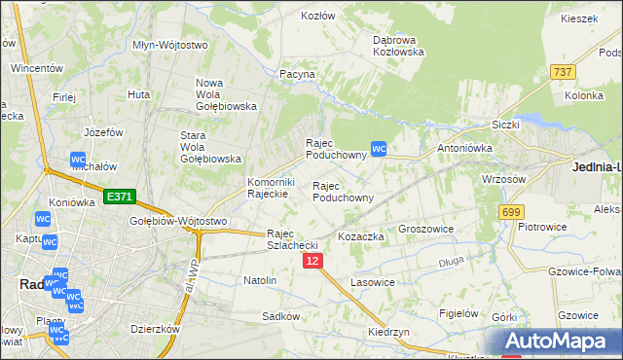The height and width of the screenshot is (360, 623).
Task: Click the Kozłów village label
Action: click(x=318, y=17)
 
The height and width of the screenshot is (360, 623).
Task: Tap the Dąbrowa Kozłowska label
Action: click(x=399, y=46)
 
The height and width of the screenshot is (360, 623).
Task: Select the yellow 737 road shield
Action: click(x=562, y=72)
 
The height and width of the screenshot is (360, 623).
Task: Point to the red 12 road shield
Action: click(x=312, y=262)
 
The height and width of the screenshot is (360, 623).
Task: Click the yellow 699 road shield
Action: click(x=511, y=211)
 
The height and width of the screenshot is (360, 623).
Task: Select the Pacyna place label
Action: click(x=297, y=74)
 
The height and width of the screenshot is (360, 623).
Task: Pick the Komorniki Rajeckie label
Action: click(x=271, y=188)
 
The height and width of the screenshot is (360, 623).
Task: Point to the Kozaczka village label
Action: click(x=361, y=236)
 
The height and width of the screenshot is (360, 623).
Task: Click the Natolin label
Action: click(x=260, y=280)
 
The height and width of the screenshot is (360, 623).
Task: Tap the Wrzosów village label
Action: click(x=504, y=179)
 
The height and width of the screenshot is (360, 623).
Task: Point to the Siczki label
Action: click(x=506, y=125)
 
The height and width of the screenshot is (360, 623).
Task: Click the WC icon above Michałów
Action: click(x=79, y=160)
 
